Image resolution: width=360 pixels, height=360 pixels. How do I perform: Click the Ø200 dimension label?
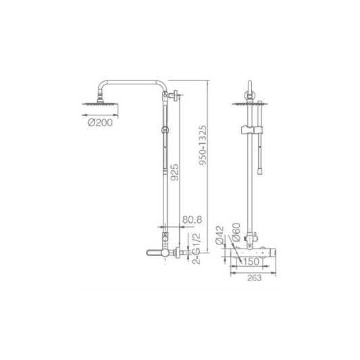pos(101,122)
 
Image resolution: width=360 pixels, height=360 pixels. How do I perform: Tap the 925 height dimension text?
pos(174,172)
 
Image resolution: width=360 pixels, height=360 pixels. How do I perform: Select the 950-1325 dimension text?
pos(203,145)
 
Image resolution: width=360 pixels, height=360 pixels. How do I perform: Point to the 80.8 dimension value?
pos(192,220)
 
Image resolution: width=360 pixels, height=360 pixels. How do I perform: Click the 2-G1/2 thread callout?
pos(197,248)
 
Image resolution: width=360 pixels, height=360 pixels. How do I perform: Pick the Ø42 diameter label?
pos(220,235)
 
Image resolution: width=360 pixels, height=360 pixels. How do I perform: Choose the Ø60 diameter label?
pos(236,232)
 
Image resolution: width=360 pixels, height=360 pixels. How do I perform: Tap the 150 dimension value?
pos(251,262)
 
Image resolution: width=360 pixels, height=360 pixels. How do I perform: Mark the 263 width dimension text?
pos(254,278)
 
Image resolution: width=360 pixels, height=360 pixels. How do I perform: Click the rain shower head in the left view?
pos(101,104)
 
